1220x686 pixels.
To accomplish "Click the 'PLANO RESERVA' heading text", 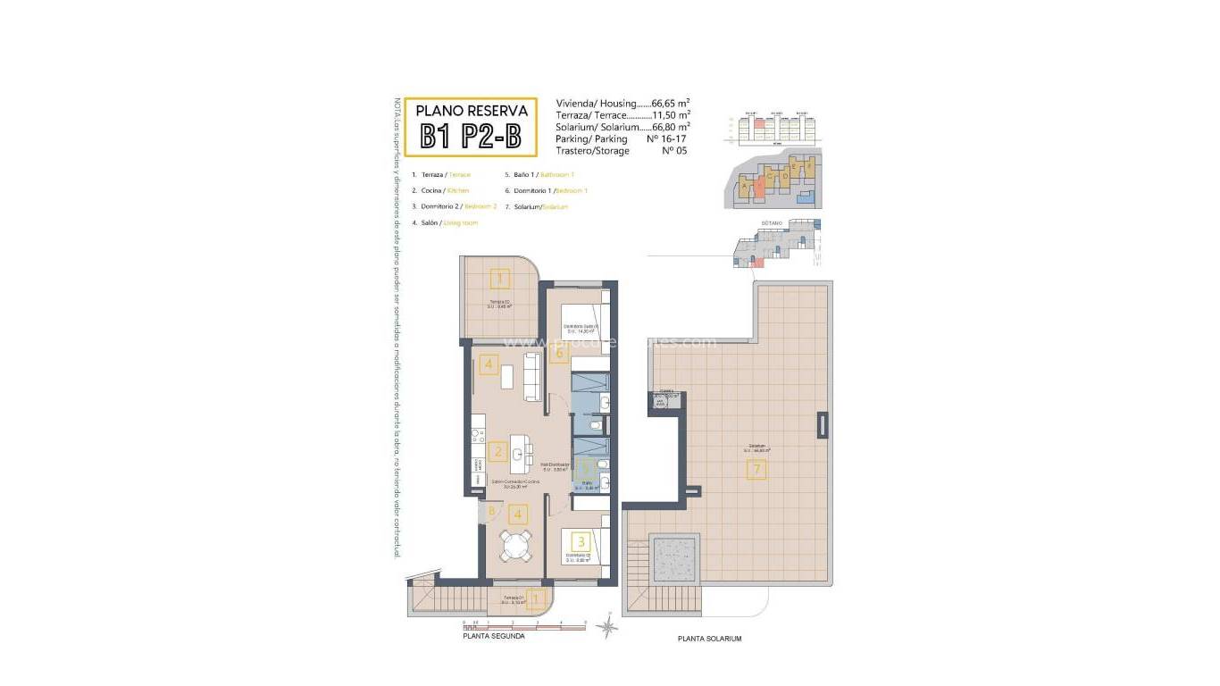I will click(x=472, y=112).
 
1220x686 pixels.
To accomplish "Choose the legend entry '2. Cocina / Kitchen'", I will click(x=440, y=190).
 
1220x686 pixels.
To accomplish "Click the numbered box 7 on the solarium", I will click(x=756, y=469).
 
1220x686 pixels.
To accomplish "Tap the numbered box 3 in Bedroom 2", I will click(x=581, y=540).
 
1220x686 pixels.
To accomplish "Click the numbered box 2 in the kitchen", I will click(x=498, y=451).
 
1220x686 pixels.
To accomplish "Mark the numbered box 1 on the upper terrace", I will click(x=500, y=279).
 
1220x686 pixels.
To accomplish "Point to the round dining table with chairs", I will click(x=514, y=546).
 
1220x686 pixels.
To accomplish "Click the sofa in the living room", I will click(x=532, y=376).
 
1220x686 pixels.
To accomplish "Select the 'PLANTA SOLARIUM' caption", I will click(x=709, y=639).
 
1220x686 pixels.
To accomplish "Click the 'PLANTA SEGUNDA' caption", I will click(x=494, y=637).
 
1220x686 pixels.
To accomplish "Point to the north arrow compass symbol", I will click(x=607, y=628).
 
